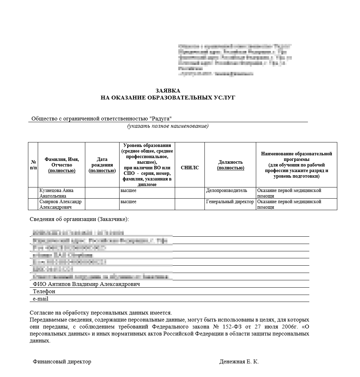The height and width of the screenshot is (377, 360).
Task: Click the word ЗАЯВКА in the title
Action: click(168, 91)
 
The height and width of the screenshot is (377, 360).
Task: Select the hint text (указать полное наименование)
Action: click(168, 126)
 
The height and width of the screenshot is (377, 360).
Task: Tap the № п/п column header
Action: click(33, 165)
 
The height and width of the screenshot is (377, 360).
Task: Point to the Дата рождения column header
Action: click(102, 165)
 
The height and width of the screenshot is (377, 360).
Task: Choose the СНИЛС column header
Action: click(190, 168)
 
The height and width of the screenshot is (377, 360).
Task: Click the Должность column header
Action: click(230, 165)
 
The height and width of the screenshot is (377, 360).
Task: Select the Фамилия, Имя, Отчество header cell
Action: click(62, 165)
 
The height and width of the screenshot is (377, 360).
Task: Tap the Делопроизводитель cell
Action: click(226, 191)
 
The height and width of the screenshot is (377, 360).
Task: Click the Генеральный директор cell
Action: click(230, 202)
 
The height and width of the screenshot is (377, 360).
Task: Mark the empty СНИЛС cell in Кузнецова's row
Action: click(190, 193)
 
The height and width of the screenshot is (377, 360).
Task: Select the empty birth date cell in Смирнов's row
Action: click(102, 204)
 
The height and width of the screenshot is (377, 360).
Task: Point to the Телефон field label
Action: click(44, 291)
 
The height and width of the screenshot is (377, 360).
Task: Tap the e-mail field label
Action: click(41, 299)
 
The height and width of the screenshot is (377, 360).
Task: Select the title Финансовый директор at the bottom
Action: click(62, 362)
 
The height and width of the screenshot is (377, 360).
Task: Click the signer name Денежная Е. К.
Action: click(239, 362)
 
